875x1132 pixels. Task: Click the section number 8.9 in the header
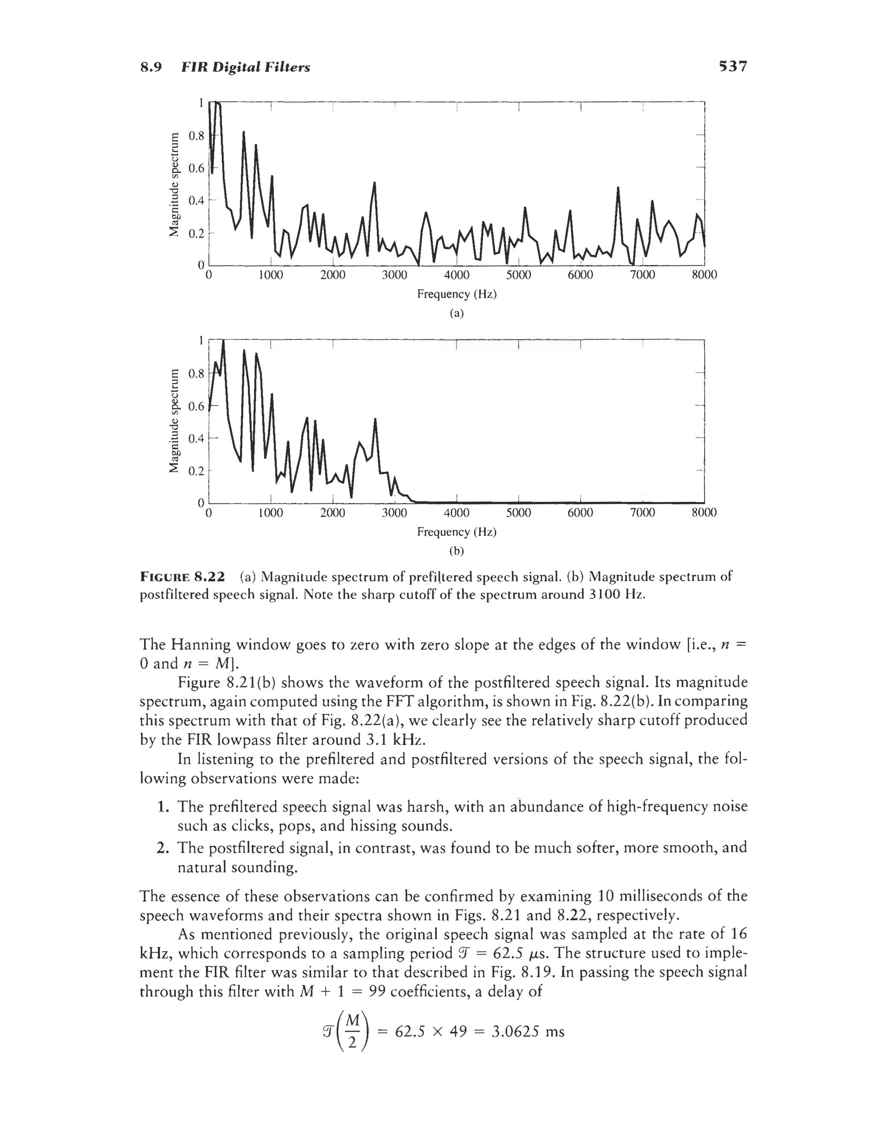tap(151, 68)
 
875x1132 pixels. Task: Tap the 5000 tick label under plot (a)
tap(518, 275)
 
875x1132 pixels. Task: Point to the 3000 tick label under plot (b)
tap(394, 513)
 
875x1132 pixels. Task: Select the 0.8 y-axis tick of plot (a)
tap(197, 136)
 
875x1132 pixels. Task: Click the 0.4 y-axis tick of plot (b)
tap(197, 438)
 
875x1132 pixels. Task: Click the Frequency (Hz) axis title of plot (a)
tap(457, 294)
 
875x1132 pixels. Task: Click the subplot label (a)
tap(456, 313)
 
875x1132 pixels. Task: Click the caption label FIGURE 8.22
tap(182, 577)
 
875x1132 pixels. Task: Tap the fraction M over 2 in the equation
tap(352, 1032)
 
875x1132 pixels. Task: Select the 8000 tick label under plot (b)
tap(704, 513)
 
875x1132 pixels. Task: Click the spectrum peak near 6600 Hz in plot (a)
tap(618, 188)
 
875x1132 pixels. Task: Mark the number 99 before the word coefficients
tap(377, 992)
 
